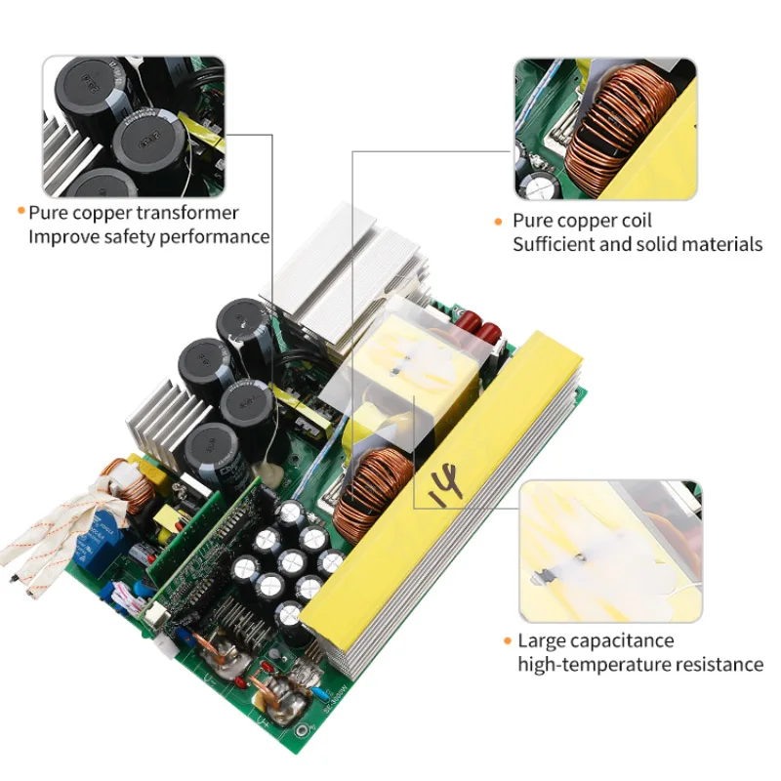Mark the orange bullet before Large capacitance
tap(507, 641)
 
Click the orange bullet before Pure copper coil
tap(499, 222)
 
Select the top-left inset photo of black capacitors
tap(134, 126)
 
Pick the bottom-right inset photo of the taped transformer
tap(610, 551)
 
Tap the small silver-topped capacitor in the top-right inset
tap(540, 186)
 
